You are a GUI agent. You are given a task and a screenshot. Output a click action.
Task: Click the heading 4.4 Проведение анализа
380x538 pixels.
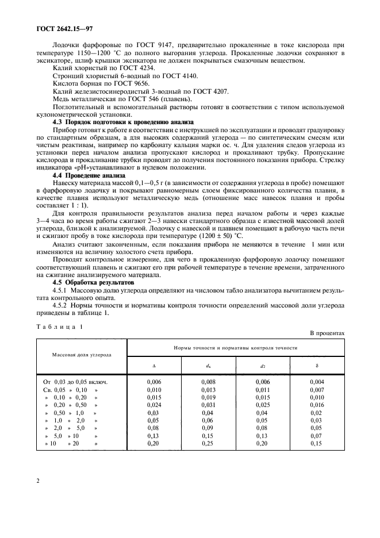coord(87,175)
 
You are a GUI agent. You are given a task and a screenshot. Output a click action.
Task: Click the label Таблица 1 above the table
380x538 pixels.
coord(60,326)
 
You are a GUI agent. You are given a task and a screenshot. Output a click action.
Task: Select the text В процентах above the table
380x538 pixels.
coord(327,333)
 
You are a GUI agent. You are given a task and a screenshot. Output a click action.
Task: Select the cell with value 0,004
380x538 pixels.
coord(317,382)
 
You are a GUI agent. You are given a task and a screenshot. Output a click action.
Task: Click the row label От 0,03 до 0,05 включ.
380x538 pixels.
coord(75,382)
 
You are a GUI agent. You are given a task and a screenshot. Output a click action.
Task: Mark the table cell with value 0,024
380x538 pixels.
coord(153,405)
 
